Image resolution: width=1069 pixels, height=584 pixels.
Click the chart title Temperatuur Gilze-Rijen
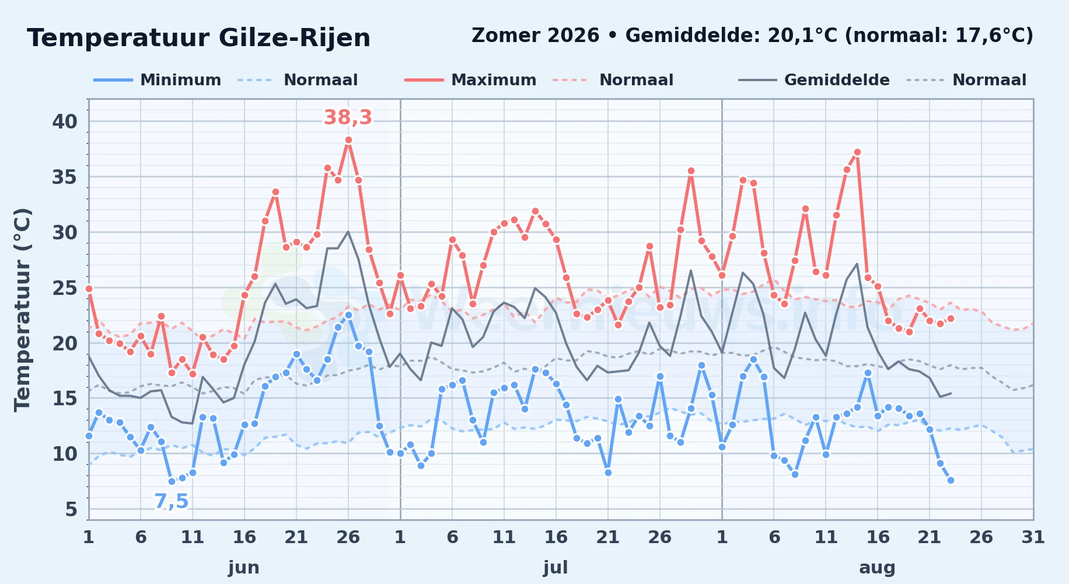coord(198,38)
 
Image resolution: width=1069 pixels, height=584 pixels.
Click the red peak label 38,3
coord(348,118)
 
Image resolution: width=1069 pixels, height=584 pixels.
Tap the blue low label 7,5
coord(172,502)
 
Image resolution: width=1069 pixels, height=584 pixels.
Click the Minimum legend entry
coord(158,80)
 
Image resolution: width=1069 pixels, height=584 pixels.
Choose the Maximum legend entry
coord(470,80)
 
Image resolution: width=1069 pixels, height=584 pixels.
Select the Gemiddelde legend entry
coord(814,80)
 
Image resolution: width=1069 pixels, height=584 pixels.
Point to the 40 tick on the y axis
coord(65,121)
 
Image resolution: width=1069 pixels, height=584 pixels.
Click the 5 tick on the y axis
coord(71,509)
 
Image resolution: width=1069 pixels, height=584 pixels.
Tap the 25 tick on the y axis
coord(65,288)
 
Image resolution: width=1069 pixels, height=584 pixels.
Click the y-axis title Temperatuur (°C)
coord(23,310)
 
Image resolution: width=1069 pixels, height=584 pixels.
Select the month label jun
coord(244,568)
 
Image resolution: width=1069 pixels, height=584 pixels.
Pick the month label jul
coord(556,568)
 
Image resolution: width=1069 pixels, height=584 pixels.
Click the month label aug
coord(878,568)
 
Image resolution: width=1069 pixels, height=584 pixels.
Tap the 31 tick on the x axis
coord(1033,537)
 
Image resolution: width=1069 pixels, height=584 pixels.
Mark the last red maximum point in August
coord(951,318)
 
